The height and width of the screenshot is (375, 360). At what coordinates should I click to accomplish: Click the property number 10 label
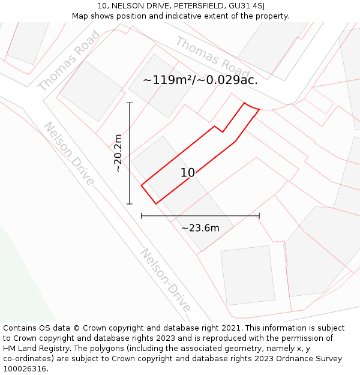pyautogui.click(x=188, y=173)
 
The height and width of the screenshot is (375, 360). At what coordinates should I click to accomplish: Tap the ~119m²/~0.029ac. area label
pyautogui.click(x=200, y=80)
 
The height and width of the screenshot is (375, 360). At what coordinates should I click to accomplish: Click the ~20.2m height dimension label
pyautogui.click(x=118, y=153)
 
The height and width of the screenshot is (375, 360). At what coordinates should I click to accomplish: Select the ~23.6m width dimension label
pyautogui.click(x=200, y=227)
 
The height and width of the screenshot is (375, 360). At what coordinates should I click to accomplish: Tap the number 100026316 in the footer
pyautogui.click(x=25, y=369)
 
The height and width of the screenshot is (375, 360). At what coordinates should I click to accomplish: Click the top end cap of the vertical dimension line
pyautogui.click(x=129, y=103)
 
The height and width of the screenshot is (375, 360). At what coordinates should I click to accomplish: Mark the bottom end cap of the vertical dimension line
pyautogui.click(x=129, y=204)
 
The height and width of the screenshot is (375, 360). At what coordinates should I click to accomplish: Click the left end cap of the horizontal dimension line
pyautogui.click(x=141, y=215)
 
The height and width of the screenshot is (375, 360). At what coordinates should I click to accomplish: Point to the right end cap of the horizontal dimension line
pyautogui.click(x=259, y=215)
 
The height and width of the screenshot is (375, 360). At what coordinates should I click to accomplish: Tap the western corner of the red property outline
pyautogui.click(x=142, y=185)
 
